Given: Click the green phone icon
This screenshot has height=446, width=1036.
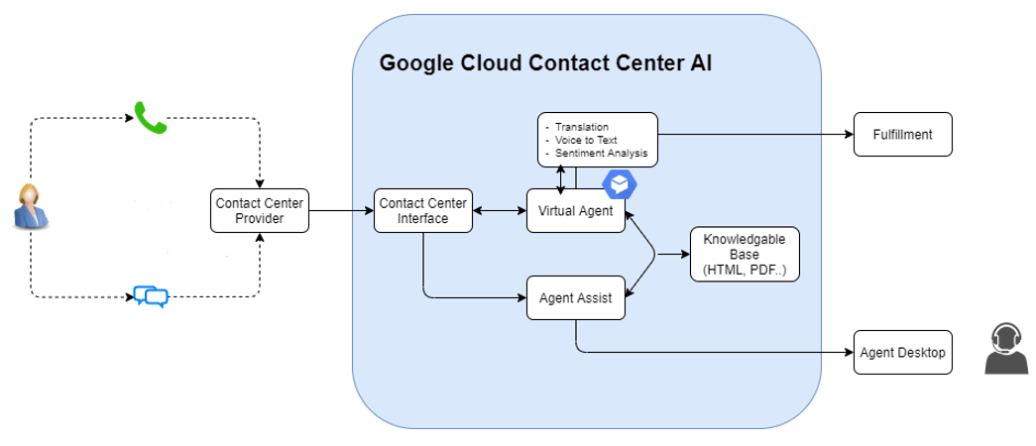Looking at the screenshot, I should click(151, 118).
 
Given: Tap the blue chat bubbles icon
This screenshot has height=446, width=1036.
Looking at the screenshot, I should click(151, 296).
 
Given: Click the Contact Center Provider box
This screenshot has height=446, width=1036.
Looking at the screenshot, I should click(260, 210).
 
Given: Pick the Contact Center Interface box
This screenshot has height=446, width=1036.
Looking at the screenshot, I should click(422, 210).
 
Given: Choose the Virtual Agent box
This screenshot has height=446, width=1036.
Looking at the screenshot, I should click(575, 210).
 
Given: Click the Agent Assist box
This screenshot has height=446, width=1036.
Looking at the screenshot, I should click(575, 297).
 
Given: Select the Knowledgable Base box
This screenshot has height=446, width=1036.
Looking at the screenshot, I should click(745, 255).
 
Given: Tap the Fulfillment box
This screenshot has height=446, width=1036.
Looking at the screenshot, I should click(902, 134).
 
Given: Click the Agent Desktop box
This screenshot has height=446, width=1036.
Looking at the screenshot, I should click(902, 352).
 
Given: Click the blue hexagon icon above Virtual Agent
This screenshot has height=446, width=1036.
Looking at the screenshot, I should click(620, 184).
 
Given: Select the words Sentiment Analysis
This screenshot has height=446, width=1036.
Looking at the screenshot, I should click(601, 154).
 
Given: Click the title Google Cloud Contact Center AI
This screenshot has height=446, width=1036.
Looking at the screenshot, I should click(545, 63).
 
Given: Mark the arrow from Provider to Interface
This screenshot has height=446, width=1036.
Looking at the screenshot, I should click(341, 210).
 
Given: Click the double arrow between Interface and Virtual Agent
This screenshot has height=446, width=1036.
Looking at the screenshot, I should click(499, 210).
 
